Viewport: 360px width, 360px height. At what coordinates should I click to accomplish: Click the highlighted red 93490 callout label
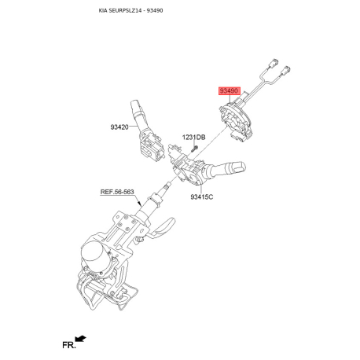point(230,91)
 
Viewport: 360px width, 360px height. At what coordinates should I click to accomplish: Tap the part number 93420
point(119,127)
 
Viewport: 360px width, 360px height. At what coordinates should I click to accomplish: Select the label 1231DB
point(194,137)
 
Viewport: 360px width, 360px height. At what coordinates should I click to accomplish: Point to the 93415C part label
point(202,197)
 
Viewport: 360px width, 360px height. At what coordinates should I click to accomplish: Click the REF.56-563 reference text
point(117,192)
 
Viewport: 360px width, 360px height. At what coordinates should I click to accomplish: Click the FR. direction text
point(69,345)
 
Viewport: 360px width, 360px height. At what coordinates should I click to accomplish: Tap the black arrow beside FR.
point(80,338)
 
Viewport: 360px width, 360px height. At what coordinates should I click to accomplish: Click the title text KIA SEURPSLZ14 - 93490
point(130,10)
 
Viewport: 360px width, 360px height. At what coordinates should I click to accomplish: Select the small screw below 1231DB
point(194,149)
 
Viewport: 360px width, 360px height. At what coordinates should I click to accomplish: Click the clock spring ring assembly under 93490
point(236,119)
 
